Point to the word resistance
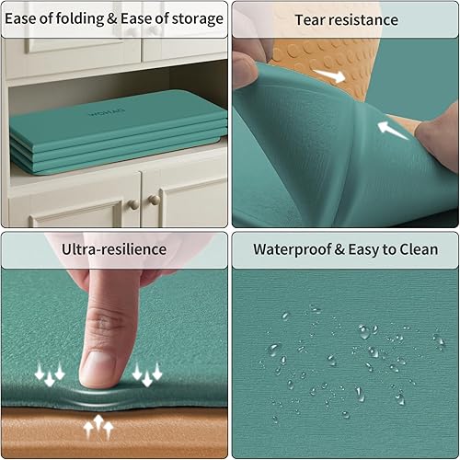pos(365,19)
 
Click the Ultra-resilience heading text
pos(113,248)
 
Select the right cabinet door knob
pos(154,200)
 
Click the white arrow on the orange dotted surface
pos(328,73)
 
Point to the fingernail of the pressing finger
pos(98,367)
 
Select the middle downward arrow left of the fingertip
pos(49,375)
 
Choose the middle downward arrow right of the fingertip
pos(146,375)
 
